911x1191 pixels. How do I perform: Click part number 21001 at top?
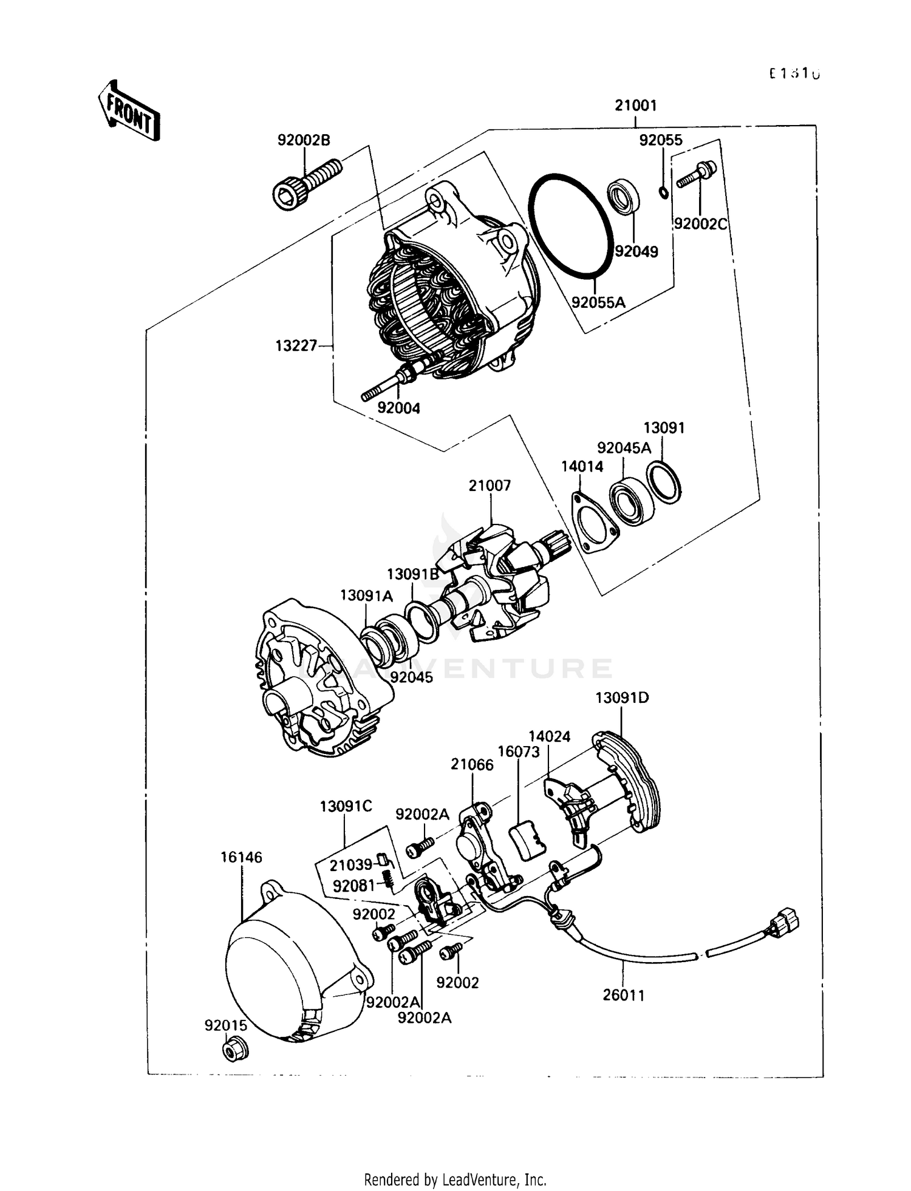(x=635, y=106)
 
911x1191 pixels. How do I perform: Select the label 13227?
(x=296, y=346)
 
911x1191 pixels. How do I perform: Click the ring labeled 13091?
(x=664, y=483)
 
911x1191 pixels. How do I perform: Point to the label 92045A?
(x=624, y=448)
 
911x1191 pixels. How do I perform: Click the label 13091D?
(x=622, y=698)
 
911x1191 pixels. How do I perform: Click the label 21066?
(x=472, y=765)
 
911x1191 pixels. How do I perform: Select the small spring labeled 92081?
(x=387, y=878)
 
